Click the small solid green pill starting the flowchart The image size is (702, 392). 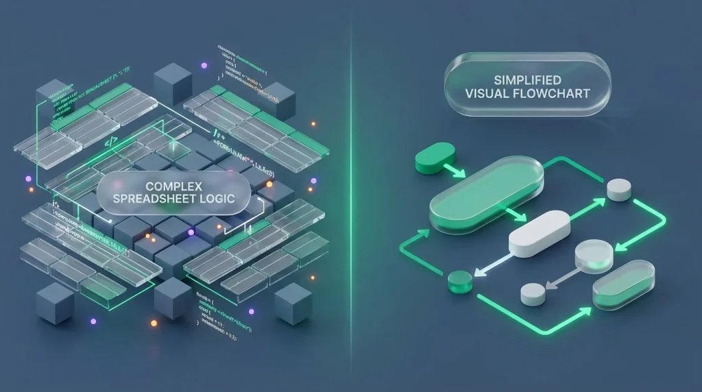coord(435,157)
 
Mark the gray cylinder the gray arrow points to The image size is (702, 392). coord(532,294)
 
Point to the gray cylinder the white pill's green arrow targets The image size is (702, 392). coord(619,189)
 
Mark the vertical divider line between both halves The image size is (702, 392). coord(351,196)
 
